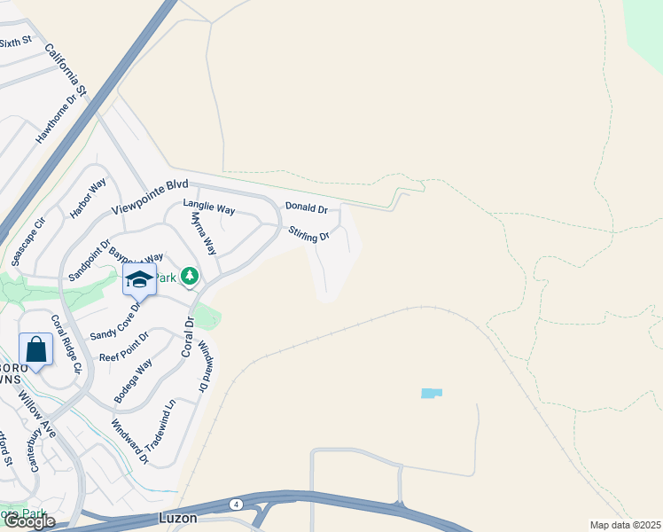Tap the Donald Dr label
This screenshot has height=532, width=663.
[x=306, y=207]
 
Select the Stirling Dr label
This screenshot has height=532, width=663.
[x=308, y=233]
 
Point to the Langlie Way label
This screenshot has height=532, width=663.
[x=208, y=207]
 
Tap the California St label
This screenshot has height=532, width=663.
[x=65, y=70]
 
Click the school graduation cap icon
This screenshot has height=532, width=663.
[x=139, y=279]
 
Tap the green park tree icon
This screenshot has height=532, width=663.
[x=190, y=278]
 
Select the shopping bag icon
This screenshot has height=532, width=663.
[x=35, y=349]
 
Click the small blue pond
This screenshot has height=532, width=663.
[x=432, y=393]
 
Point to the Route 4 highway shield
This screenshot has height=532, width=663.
[x=236, y=504]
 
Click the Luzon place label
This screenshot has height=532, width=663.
[x=178, y=517]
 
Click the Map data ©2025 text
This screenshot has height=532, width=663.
[x=624, y=525]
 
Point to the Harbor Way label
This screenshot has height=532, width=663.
[x=87, y=199]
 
